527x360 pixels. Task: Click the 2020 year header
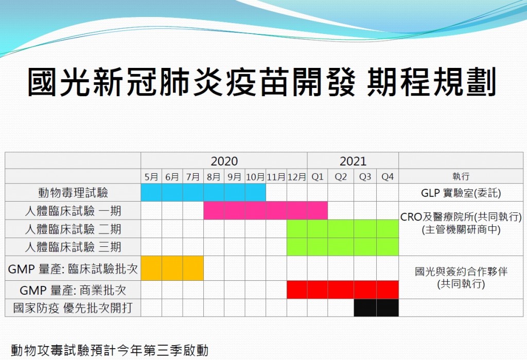click(224, 161)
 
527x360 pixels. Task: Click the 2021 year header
click(353, 161)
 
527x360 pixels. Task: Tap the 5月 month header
click(151, 176)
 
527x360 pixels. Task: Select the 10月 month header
click(255, 176)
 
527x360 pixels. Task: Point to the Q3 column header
click(365, 176)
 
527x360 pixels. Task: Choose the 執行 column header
click(461, 176)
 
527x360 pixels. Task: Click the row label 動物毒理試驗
click(73, 193)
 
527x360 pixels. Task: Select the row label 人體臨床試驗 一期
click(73, 211)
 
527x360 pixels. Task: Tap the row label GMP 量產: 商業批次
click(73, 290)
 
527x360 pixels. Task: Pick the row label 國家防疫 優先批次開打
click(73, 308)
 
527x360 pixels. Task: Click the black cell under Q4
click(388, 308)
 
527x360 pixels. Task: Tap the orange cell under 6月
click(172, 268)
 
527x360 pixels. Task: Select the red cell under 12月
click(297, 290)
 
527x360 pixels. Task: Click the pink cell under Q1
click(317, 210)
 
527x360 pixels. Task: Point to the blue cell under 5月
click(151, 192)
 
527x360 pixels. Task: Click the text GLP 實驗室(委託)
click(461, 193)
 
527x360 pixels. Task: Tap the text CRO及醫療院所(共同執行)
click(461, 217)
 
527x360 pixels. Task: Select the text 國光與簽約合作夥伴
click(461, 272)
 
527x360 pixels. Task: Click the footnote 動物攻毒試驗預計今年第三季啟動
click(110, 350)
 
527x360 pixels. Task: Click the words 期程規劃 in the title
click(432, 82)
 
